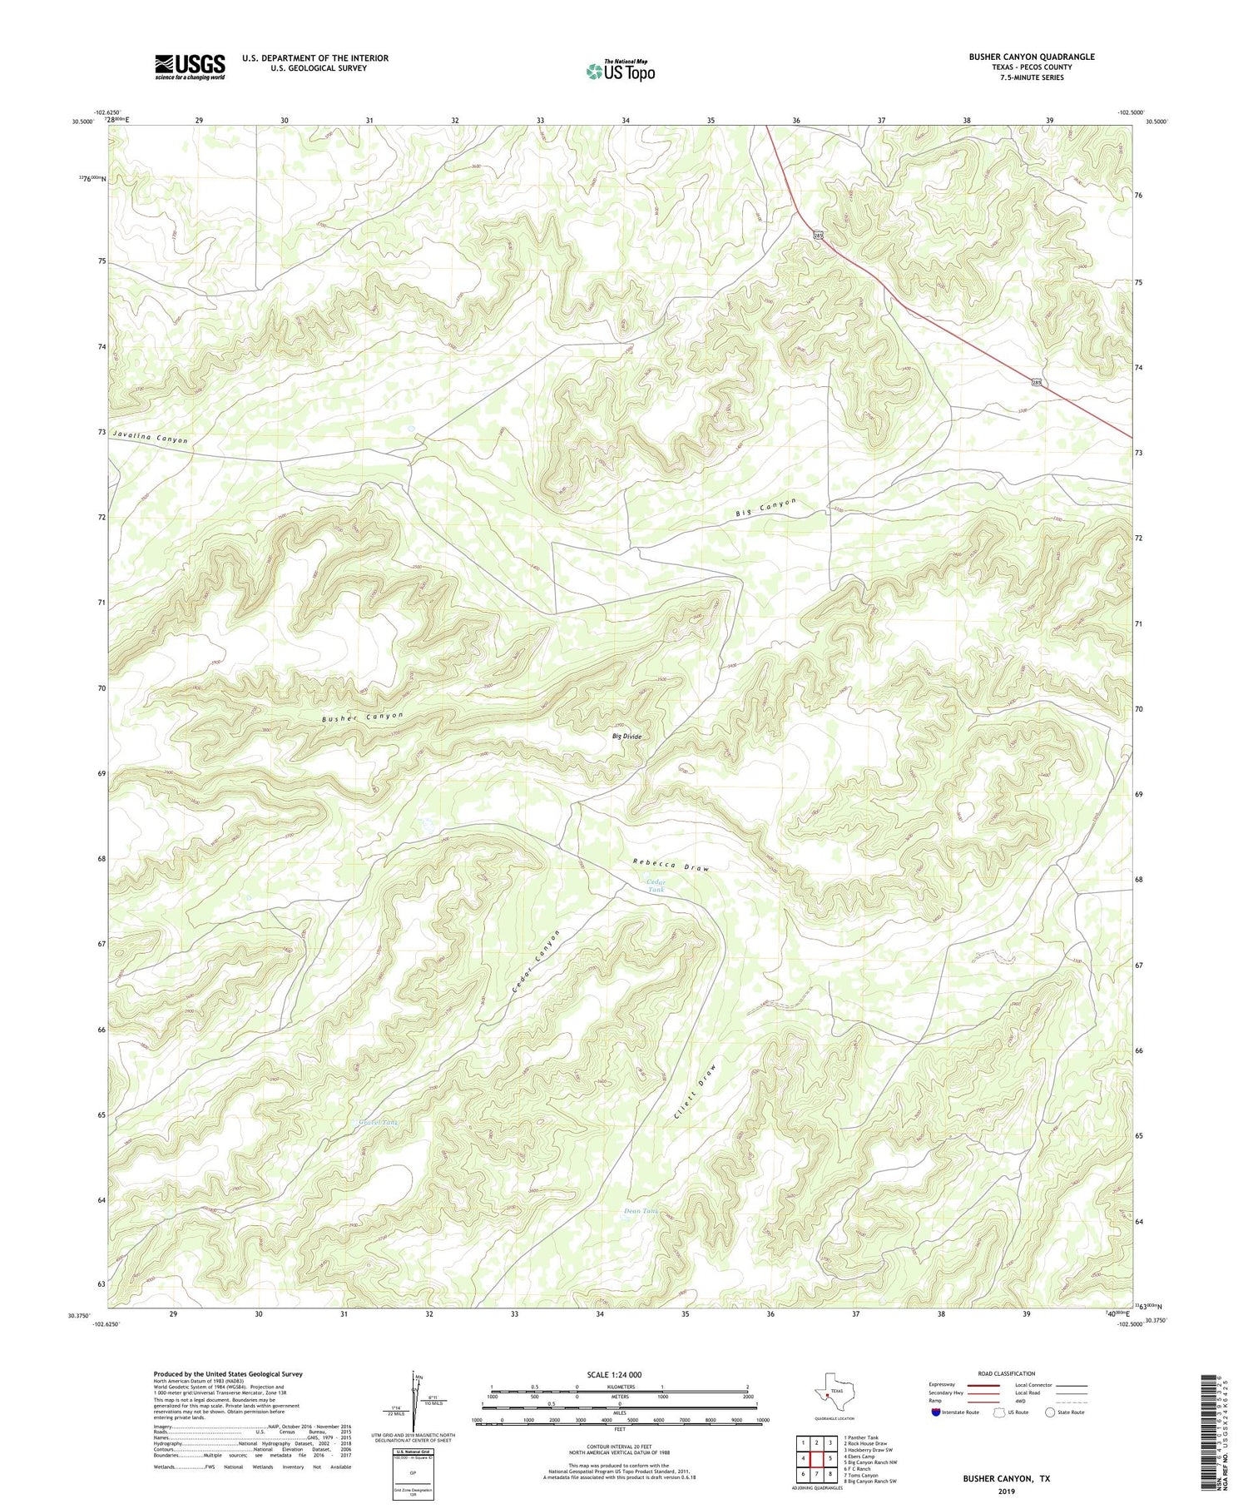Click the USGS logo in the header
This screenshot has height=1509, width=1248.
(x=190, y=67)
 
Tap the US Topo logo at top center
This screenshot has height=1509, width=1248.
(x=620, y=71)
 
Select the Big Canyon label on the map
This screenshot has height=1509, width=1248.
(x=765, y=508)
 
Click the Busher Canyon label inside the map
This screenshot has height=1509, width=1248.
(x=363, y=717)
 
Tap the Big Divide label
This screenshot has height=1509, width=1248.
(x=626, y=737)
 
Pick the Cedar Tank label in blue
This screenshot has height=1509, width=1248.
(x=656, y=886)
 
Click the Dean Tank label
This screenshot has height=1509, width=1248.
(x=641, y=1211)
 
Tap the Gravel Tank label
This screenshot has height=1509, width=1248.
(x=367, y=1122)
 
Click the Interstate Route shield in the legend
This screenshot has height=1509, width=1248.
(x=937, y=1412)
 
